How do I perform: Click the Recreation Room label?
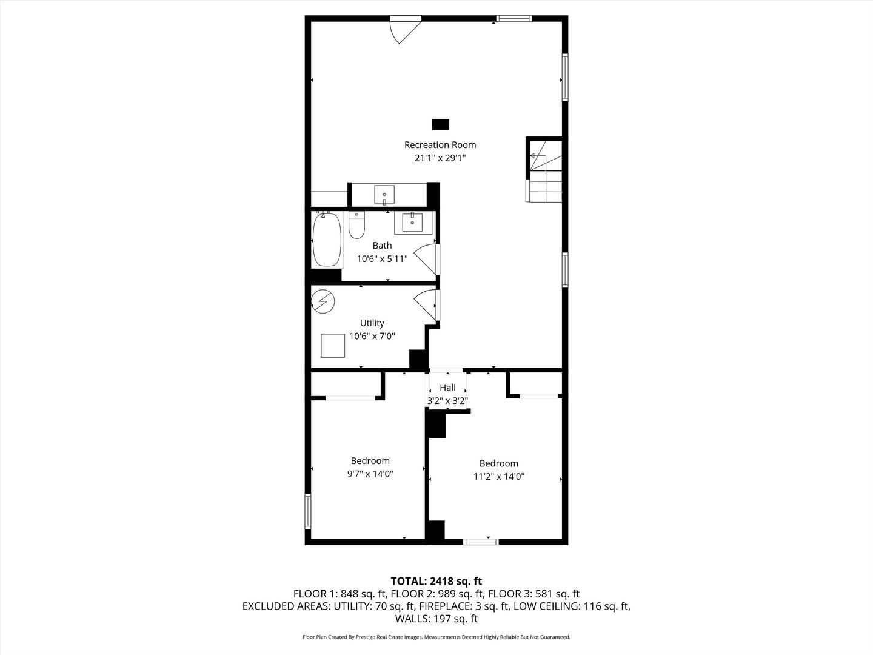click(x=440, y=145)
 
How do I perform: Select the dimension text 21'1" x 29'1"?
click(x=440, y=158)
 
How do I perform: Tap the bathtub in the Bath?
click(x=327, y=240)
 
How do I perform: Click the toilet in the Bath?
click(x=356, y=226)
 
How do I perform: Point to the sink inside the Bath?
click(x=414, y=222)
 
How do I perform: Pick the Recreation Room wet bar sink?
click(x=384, y=195)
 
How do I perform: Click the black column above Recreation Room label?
click(x=441, y=124)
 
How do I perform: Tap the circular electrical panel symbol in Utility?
click(x=323, y=301)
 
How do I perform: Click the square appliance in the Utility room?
click(x=332, y=346)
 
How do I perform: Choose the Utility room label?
click(x=372, y=323)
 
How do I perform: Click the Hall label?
click(x=447, y=388)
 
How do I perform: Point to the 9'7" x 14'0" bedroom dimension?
click(x=370, y=474)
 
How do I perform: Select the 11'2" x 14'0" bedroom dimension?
click(x=498, y=477)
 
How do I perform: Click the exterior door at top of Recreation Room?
click(x=403, y=29)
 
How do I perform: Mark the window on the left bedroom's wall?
click(x=308, y=512)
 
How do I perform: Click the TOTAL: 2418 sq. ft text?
click(x=436, y=581)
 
